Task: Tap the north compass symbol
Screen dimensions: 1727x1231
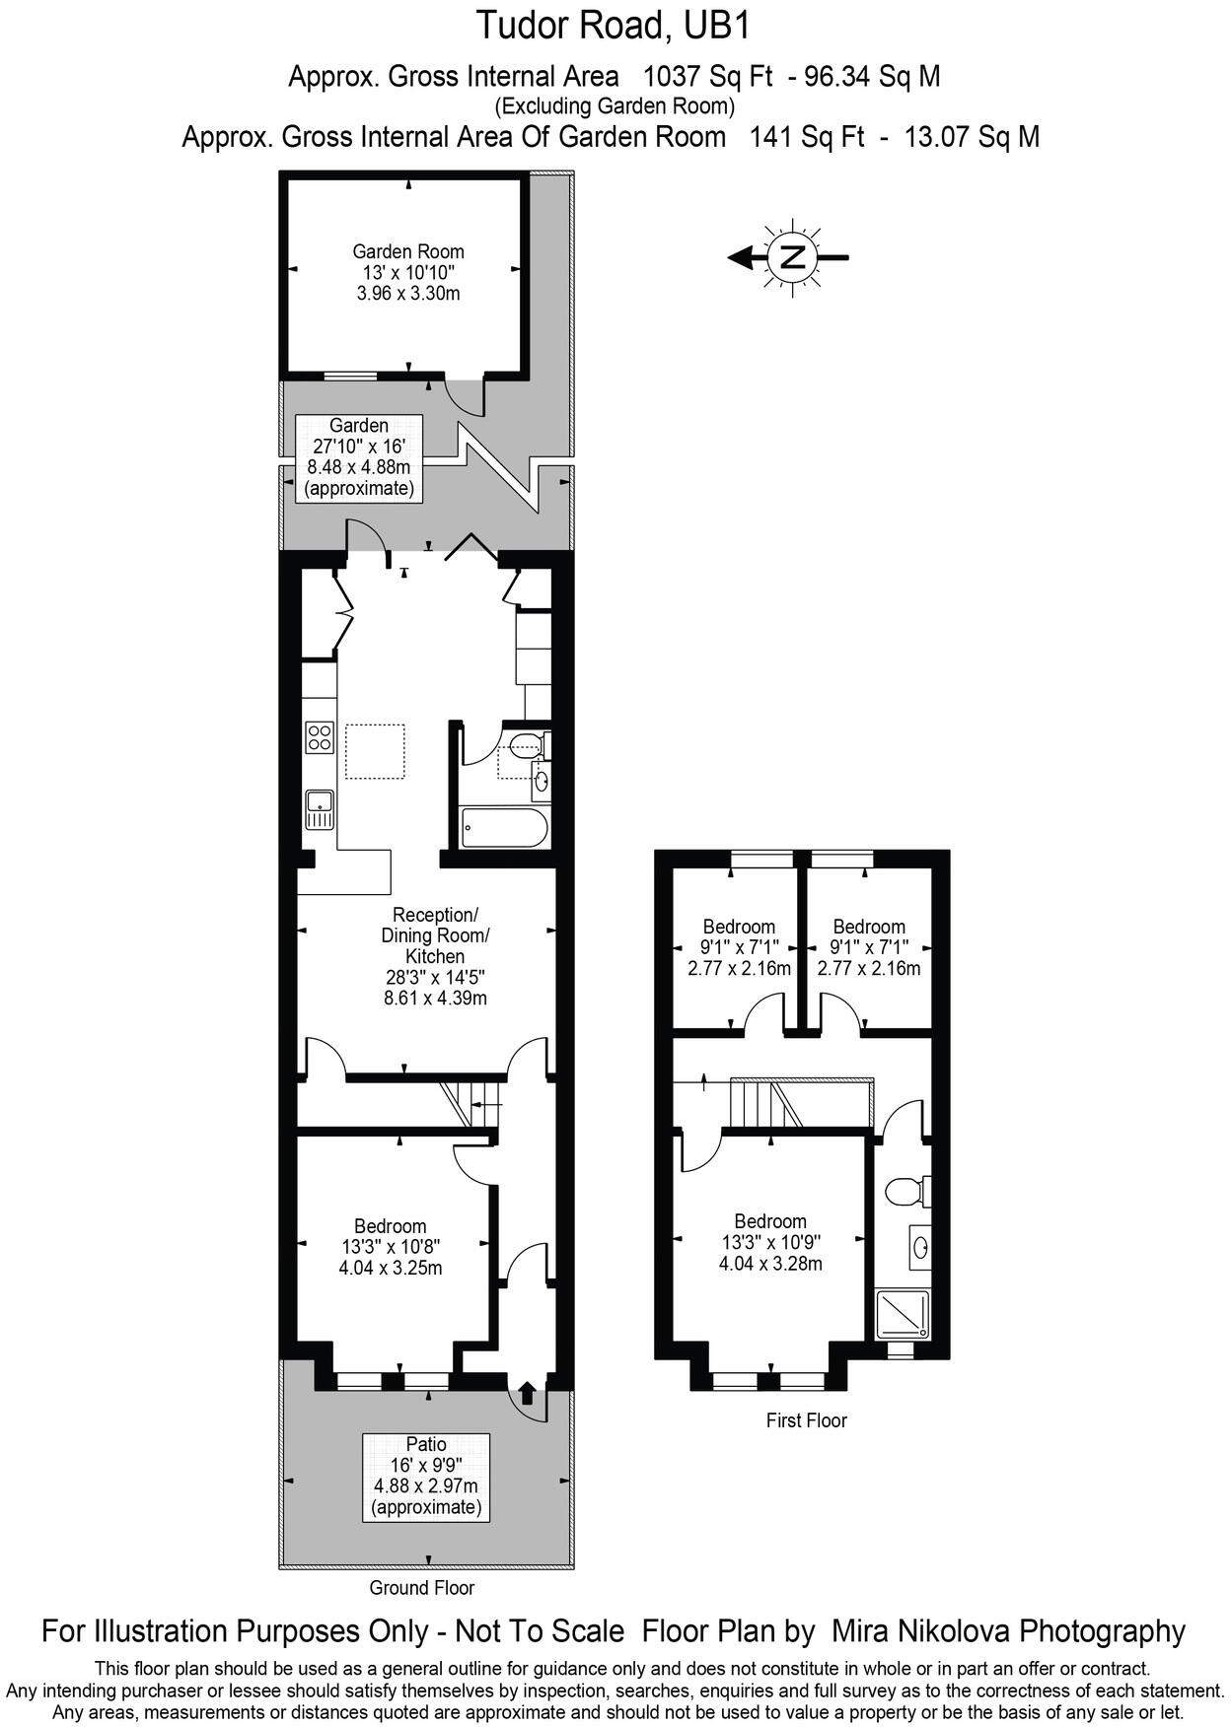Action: click(791, 258)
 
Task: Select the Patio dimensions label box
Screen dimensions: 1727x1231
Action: click(426, 1476)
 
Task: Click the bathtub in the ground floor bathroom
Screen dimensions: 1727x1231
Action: click(503, 828)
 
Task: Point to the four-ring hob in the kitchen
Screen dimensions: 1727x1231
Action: click(320, 737)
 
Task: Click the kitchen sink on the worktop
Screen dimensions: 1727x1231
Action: click(320, 809)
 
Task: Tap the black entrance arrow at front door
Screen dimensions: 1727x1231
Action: click(527, 1392)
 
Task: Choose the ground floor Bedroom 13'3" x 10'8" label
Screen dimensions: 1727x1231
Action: click(391, 1246)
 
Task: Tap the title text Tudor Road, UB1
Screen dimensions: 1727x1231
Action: click(614, 26)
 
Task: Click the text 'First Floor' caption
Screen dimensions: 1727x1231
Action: click(806, 1420)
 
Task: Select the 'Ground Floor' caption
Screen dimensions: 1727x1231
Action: click(421, 1588)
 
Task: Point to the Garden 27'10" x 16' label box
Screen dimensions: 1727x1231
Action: click(359, 457)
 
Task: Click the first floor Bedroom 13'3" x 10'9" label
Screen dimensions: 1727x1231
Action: click(770, 1242)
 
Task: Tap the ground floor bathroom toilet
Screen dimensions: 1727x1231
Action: click(524, 744)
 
